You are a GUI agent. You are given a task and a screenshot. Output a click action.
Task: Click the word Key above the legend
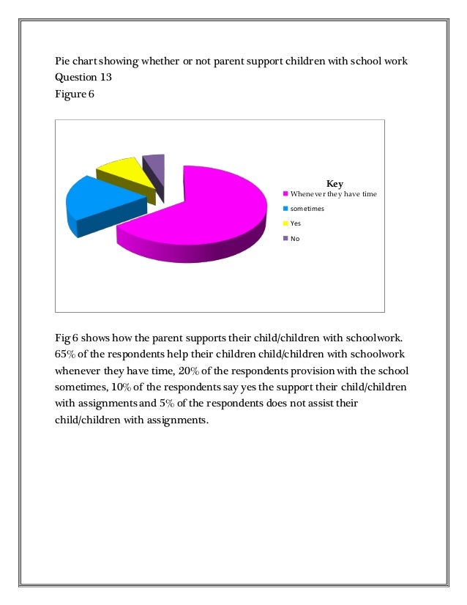335,183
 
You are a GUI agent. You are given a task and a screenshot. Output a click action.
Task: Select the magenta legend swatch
286,194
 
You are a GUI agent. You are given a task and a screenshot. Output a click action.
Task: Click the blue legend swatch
286,209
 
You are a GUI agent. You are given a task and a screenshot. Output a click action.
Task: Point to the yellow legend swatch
286,223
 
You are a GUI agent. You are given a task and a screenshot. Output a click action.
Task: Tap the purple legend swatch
286,238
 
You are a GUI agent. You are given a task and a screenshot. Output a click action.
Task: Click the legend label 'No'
295,238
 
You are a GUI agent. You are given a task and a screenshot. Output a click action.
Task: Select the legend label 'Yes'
296,223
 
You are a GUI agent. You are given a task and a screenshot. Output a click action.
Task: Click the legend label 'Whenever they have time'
333,194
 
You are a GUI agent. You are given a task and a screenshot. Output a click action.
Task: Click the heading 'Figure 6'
75,94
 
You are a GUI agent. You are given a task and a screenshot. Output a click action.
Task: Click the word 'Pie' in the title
64,61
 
